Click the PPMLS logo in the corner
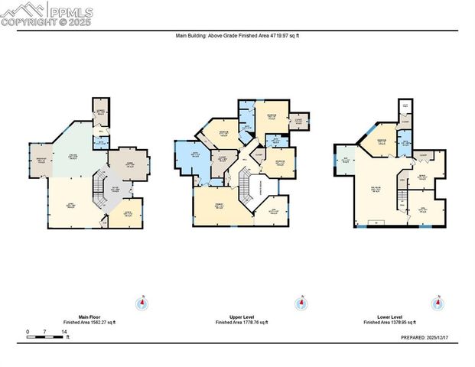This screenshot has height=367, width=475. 47,14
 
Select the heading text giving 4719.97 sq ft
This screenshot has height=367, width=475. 237,34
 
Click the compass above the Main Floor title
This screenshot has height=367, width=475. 141,303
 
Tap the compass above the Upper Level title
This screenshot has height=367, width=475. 302,303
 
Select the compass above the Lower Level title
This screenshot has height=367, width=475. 438,303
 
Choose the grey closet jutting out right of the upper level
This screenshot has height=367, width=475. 298,120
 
